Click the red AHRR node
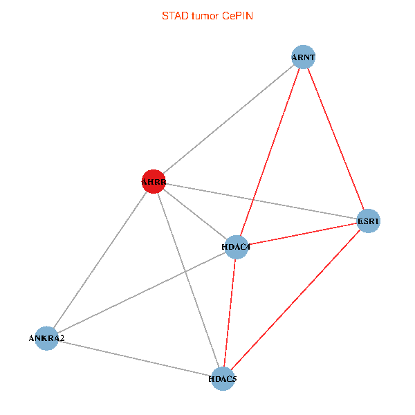tap(153, 181)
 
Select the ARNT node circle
tap(303, 57)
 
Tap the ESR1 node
tap(369, 221)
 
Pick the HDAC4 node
tap(237, 247)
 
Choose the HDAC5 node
tap(223, 378)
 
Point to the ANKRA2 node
tap(47, 338)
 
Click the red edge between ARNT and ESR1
tap(335, 139)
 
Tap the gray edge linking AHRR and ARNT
tap(228, 120)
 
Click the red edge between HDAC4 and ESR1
tap(302, 234)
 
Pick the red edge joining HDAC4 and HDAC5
tap(230, 313)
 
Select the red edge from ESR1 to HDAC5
tap(295, 300)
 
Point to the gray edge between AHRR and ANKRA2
tap(100, 260)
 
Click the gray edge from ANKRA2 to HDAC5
tap(135, 358)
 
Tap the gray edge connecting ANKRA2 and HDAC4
tap(142, 293)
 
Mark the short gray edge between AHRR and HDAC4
tap(194, 214)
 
